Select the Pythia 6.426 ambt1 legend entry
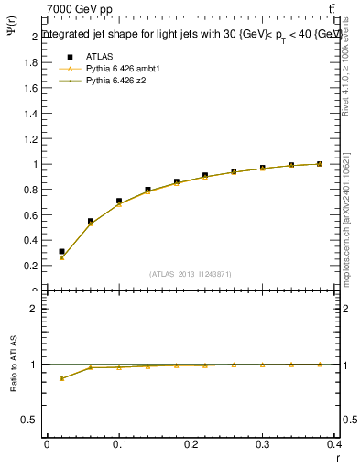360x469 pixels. click(x=122, y=68)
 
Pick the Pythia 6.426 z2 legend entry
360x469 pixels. click(x=115, y=81)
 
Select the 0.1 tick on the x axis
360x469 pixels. click(x=119, y=445)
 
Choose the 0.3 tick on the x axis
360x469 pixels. click(x=263, y=445)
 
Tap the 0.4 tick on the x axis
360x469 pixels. click(x=334, y=445)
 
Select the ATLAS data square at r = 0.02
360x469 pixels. click(x=61, y=251)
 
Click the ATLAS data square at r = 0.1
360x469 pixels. click(x=119, y=201)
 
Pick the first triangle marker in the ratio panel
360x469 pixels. click(x=61, y=377)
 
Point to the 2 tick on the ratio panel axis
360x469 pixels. click(x=34, y=309)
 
